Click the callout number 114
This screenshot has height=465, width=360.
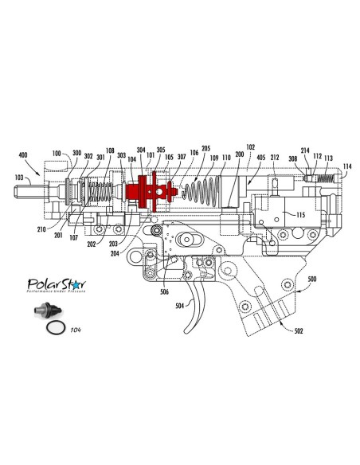347,166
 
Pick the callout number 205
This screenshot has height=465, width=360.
205,149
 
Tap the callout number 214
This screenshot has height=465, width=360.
305,150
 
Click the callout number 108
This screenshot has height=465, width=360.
110,150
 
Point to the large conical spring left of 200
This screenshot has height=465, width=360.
202,194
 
